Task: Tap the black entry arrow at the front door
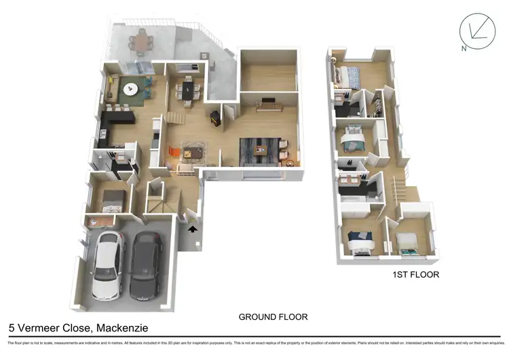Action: tap(193, 230)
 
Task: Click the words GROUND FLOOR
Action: tap(273, 317)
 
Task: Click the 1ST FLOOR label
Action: tap(415, 275)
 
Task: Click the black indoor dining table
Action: tap(187, 88)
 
